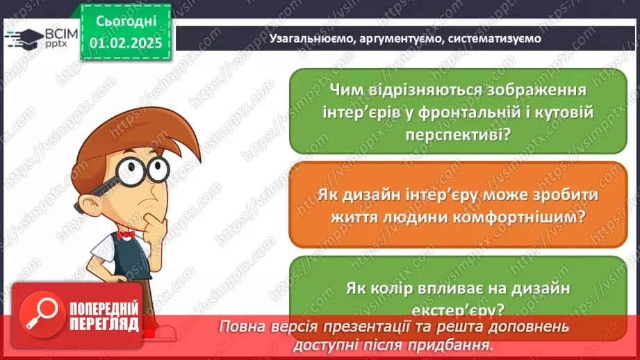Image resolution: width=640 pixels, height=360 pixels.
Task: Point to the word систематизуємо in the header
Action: click(x=494, y=39)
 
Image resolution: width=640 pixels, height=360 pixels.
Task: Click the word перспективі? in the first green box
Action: click(x=458, y=134)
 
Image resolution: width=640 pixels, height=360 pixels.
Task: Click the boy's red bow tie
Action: click(x=125, y=235)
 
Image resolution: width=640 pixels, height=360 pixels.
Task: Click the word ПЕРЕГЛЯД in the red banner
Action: click(x=104, y=324)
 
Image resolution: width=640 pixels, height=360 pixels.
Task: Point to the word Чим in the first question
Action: click(x=349, y=90)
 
